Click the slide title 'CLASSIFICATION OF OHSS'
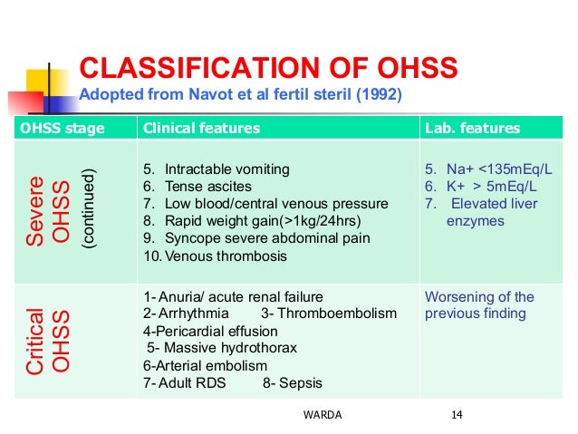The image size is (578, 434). (269, 69)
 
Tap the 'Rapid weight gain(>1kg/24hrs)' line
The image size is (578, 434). (250, 221)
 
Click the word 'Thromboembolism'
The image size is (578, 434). (343, 313)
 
